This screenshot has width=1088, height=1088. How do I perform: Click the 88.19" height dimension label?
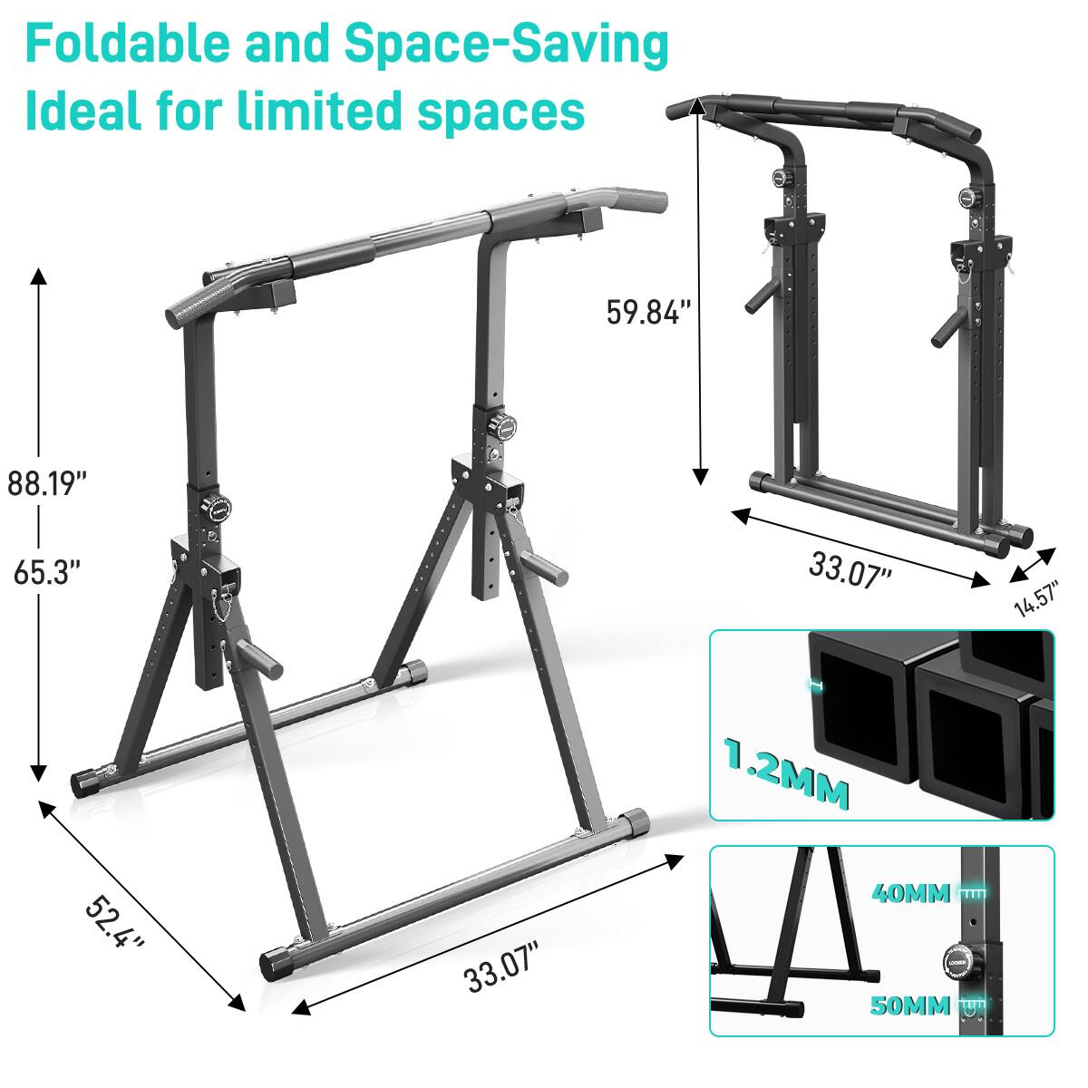[47, 482]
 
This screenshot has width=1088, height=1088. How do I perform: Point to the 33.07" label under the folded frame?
[850, 571]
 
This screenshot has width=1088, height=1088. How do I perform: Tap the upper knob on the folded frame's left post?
[779, 177]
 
